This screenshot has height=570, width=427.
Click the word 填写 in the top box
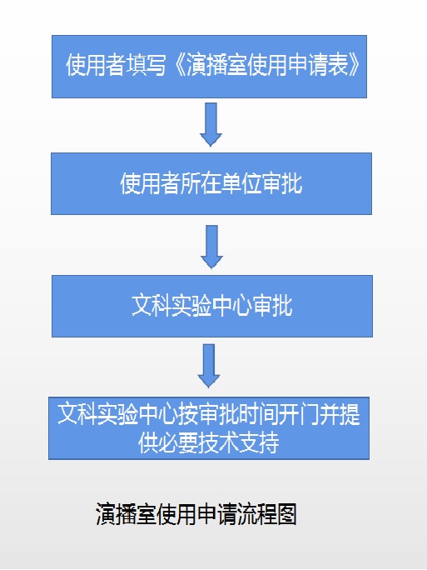point(146,65)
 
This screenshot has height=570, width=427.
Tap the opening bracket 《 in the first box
point(177,65)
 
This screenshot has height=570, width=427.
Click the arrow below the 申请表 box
point(211,124)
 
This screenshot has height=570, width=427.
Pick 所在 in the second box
point(201,182)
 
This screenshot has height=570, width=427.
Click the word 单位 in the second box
point(241,182)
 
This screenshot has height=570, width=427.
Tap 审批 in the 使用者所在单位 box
point(282,182)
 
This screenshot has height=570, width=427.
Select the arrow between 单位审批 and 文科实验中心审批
point(211,247)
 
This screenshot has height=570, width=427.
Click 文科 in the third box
point(151,305)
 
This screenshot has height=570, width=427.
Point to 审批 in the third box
point(272,305)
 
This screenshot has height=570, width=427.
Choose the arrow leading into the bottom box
point(209,366)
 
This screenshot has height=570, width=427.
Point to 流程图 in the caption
point(267,513)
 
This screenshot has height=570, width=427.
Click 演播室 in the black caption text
point(127,513)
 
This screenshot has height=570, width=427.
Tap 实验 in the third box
point(191,305)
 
